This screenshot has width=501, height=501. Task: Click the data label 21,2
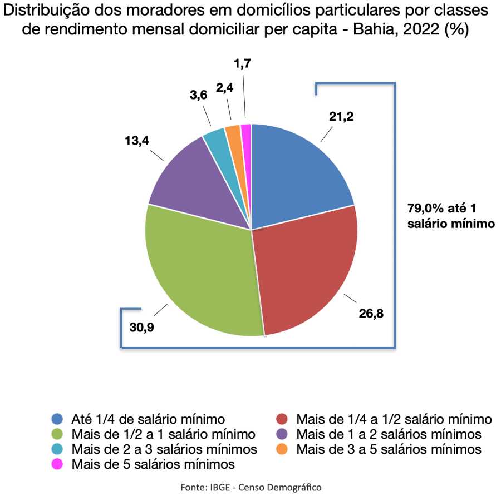point(341,116)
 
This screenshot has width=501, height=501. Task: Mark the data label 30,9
point(141,326)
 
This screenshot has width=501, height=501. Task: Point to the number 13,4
point(136,141)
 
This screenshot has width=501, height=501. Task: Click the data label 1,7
point(242,64)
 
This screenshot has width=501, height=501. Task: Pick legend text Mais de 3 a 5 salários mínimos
point(389,448)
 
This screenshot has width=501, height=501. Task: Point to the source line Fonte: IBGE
point(250,487)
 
